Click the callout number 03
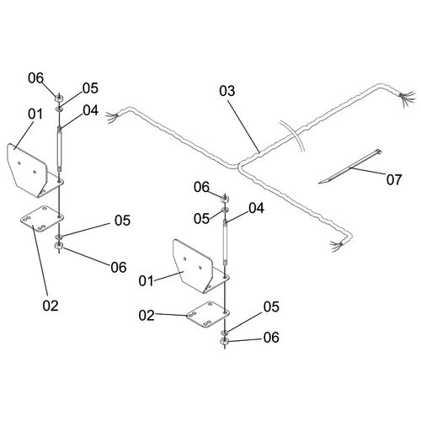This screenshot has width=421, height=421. [x=226, y=91]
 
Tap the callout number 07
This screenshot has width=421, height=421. [x=394, y=179]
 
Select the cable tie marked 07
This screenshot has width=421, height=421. [x=350, y=168]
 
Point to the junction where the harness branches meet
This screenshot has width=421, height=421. [x=239, y=165]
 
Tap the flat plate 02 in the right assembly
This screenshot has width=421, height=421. [x=208, y=315]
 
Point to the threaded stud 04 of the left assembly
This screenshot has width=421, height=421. [x=59, y=149]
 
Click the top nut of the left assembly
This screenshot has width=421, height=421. [x=59, y=99]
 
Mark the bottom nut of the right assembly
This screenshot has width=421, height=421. [x=224, y=342]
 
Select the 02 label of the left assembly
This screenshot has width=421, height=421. [x=51, y=306]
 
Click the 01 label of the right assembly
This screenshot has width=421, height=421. [x=147, y=281]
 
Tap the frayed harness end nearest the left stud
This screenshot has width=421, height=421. [x=112, y=116]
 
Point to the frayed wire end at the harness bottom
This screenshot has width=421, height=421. [x=338, y=245]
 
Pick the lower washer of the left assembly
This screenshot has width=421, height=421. [x=59, y=237]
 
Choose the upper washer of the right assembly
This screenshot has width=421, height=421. [x=225, y=210]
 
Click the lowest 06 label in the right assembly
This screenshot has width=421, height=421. [x=271, y=338]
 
